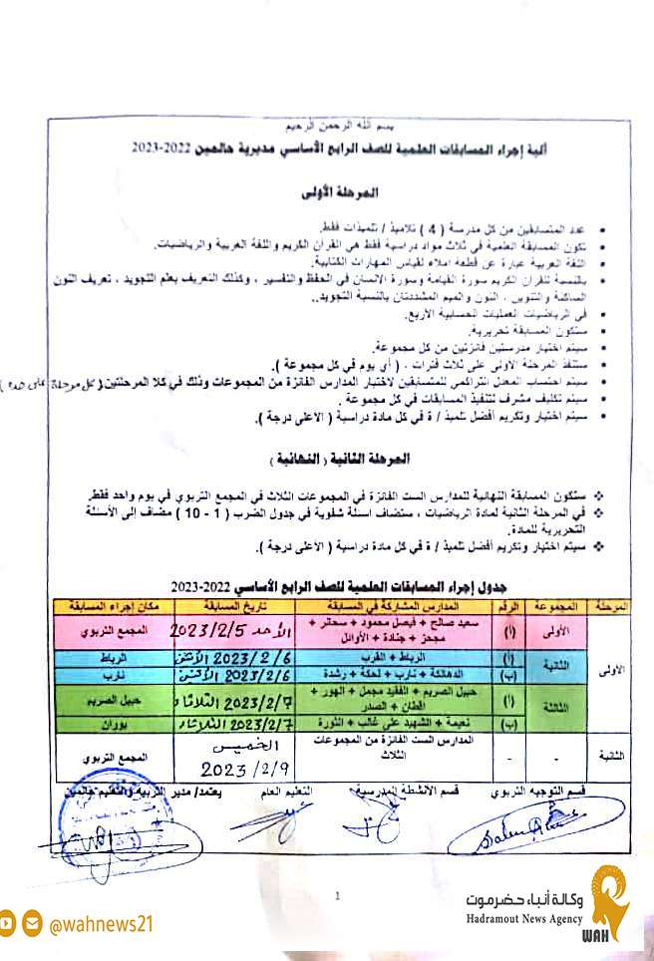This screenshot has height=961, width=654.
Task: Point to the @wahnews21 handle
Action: tap(101, 924)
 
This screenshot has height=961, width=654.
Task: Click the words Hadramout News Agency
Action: tap(522, 918)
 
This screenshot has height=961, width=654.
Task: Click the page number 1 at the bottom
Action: tap(339, 897)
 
